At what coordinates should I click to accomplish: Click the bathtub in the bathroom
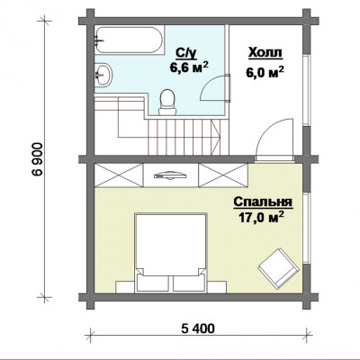(x=130, y=40)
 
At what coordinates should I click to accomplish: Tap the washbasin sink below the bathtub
(x=103, y=75)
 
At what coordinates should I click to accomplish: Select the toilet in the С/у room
(x=167, y=103)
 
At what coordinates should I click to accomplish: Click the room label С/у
(x=186, y=53)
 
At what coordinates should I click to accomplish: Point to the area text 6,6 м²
(x=189, y=67)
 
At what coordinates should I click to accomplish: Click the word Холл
(x=265, y=53)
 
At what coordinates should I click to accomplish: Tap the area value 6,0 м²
(x=265, y=72)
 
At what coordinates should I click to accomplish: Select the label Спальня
(x=263, y=202)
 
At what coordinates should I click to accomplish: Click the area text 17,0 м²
(x=261, y=217)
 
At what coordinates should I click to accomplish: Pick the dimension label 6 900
(x=39, y=160)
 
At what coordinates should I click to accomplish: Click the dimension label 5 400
(x=198, y=328)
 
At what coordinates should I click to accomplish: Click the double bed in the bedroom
(x=171, y=252)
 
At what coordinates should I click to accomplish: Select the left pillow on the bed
(x=153, y=283)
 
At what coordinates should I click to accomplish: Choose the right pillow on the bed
(x=189, y=283)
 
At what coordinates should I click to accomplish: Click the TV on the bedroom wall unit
(x=170, y=175)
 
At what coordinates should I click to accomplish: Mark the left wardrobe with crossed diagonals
(x=119, y=175)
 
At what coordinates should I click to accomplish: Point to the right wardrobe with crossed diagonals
(x=223, y=175)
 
